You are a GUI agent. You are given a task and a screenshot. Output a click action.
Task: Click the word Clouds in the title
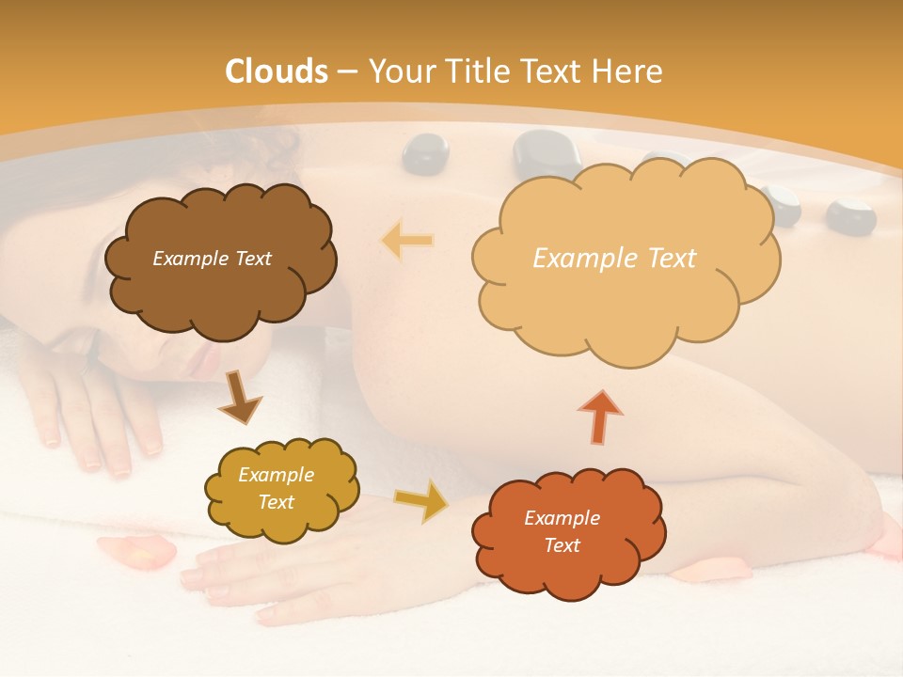[x=277, y=71]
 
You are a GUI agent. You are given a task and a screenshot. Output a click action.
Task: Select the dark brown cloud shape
[x=221, y=291]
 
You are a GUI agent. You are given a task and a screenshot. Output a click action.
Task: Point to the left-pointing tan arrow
[x=407, y=240]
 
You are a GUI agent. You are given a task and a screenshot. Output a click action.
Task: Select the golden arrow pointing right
[x=420, y=500]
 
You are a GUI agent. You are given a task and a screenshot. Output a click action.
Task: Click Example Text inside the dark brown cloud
[x=212, y=259]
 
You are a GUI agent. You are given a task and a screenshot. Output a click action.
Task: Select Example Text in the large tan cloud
[x=614, y=259]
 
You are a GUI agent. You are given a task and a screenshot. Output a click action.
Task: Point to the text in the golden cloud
[x=276, y=489]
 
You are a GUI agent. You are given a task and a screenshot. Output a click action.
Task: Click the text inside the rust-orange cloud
[x=562, y=531]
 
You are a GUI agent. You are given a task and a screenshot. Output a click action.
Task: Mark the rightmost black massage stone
[x=851, y=216]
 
